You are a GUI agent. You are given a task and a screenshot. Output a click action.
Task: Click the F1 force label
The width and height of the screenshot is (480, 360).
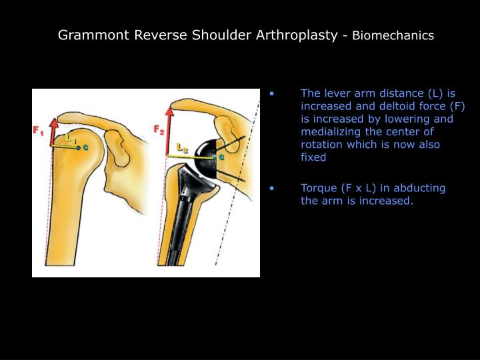point(39,131)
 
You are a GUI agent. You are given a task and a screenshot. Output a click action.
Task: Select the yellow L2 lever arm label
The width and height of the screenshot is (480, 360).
point(181,146)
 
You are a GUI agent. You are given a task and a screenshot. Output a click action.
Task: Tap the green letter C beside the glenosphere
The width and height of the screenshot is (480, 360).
point(221,158)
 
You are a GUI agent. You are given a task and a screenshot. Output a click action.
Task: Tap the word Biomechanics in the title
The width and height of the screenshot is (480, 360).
point(393,35)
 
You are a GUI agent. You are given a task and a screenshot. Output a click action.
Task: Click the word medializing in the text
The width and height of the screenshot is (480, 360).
point(331,132)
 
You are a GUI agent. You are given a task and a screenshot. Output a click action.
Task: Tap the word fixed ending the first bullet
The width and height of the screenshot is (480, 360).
point(313,157)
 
